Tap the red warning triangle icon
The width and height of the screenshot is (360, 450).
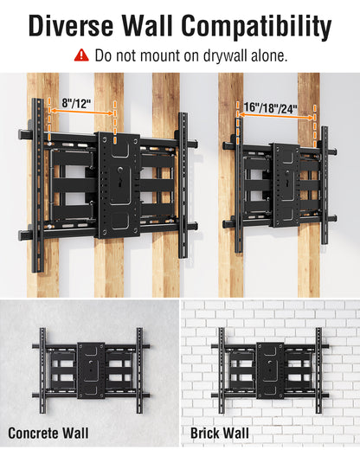(x=81, y=55)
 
